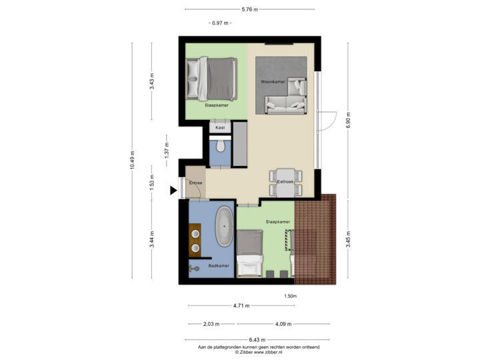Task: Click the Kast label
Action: point(220,127)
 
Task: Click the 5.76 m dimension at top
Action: point(249,9)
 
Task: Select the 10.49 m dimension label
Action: point(132,160)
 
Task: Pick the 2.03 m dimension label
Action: point(211,325)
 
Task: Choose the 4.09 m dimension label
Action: point(283,325)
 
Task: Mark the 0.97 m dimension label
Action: point(220,23)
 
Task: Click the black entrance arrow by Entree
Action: point(173,191)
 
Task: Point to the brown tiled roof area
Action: point(317,239)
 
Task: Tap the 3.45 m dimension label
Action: point(348,239)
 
